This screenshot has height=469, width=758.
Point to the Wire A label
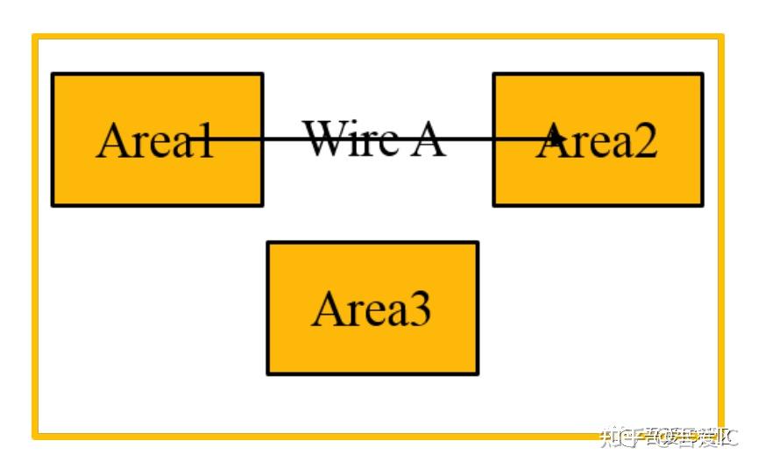click(374, 139)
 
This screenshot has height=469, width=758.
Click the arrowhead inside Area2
click(556, 137)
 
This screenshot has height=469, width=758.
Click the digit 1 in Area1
click(203, 140)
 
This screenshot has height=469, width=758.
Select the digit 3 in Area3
click(419, 309)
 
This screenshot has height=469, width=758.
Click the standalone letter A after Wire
click(427, 139)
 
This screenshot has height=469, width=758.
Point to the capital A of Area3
click(326, 309)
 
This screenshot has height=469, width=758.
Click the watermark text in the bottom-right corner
click(668, 436)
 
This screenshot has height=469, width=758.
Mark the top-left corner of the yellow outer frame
click(35, 37)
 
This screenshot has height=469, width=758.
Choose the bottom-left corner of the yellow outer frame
click(35, 435)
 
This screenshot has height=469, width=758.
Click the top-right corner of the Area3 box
click(478, 243)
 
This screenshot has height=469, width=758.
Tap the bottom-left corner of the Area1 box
click(53, 205)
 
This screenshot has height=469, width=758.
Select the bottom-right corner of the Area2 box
click(702, 205)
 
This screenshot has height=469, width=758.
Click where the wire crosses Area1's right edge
click(262, 139)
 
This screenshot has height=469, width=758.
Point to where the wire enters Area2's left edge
click(494, 139)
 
